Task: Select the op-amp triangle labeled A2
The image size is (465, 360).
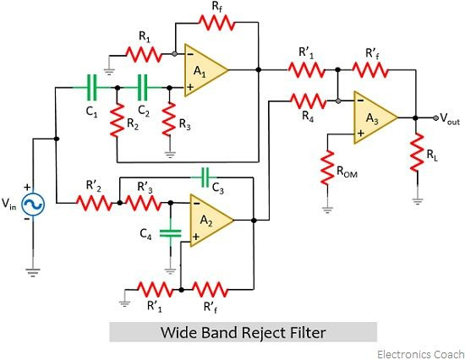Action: pyautogui.click(x=209, y=221)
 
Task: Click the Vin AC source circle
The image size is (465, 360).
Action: pyautogui.click(x=33, y=205)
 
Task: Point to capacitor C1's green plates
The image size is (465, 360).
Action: pyautogui.click(x=91, y=88)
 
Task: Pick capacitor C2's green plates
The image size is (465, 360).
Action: pyautogui.click(x=143, y=88)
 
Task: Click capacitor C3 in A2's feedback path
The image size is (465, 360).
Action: pyautogui.click(x=205, y=177)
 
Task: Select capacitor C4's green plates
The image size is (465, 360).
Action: pyautogui.click(x=170, y=233)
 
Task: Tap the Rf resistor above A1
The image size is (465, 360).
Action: pyautogui.click(x=216, y=23)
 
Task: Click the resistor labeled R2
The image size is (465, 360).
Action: pyautogui.click(x=117, y=120)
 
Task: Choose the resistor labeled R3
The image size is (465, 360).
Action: pyautogui.click(x=169, y=119)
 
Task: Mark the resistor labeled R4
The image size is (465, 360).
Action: pyautogui.click(x=309, y=101)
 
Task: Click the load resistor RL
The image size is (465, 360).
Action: pyautogui.click(x=417, y=152)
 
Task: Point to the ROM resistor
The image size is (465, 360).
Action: pyautogui.click(x=327, y=167)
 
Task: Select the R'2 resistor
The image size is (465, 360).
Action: pyautogui.click(x=95, y=203)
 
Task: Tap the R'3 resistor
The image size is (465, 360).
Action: pyautogui.click(x=144, y=203)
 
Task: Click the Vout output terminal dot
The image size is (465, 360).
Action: pyautogui.click(x=435, y=117)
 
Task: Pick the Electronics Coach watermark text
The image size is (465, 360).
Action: pyautogui.click(x=420, y=354)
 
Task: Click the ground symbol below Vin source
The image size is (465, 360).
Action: pyautogui.click(x=33, y=272)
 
